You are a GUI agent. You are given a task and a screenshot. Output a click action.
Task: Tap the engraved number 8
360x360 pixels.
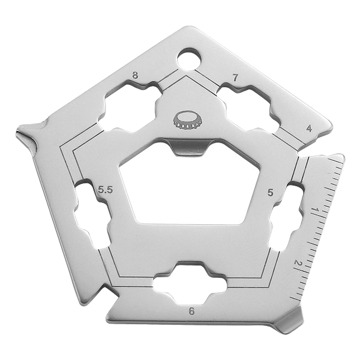click(x=135, y=75)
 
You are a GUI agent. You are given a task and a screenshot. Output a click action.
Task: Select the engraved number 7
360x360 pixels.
click(x=235, y=78)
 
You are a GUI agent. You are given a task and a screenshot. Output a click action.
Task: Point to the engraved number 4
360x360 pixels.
click(x=309, y=129)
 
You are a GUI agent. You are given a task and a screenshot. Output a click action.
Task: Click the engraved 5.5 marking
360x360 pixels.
click(x=106, y=190)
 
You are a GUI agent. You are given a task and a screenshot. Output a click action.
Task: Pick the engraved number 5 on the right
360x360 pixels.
click(x=271, y=193)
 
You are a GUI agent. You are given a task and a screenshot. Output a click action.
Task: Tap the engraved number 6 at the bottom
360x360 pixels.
click(x=192, y=311)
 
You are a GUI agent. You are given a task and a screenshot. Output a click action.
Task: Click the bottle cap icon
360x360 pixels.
click(x=187, y=120)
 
